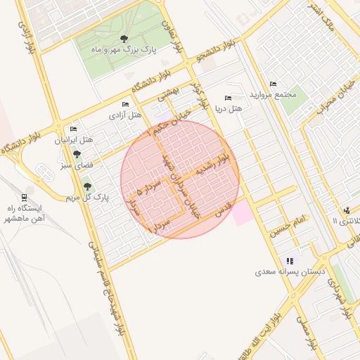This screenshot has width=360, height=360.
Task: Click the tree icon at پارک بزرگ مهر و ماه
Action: pos(124,39)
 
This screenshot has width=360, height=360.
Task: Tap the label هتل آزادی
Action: pos(127,115)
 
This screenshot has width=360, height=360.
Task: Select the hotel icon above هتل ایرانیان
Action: pos(74,129)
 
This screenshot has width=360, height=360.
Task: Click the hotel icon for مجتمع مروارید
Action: pos(273,84)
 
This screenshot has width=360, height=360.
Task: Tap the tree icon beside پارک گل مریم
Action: pos(87,186)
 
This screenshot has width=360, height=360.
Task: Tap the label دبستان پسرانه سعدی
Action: pos(290,271)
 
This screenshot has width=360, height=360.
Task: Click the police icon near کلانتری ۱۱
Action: pos(347,210)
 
